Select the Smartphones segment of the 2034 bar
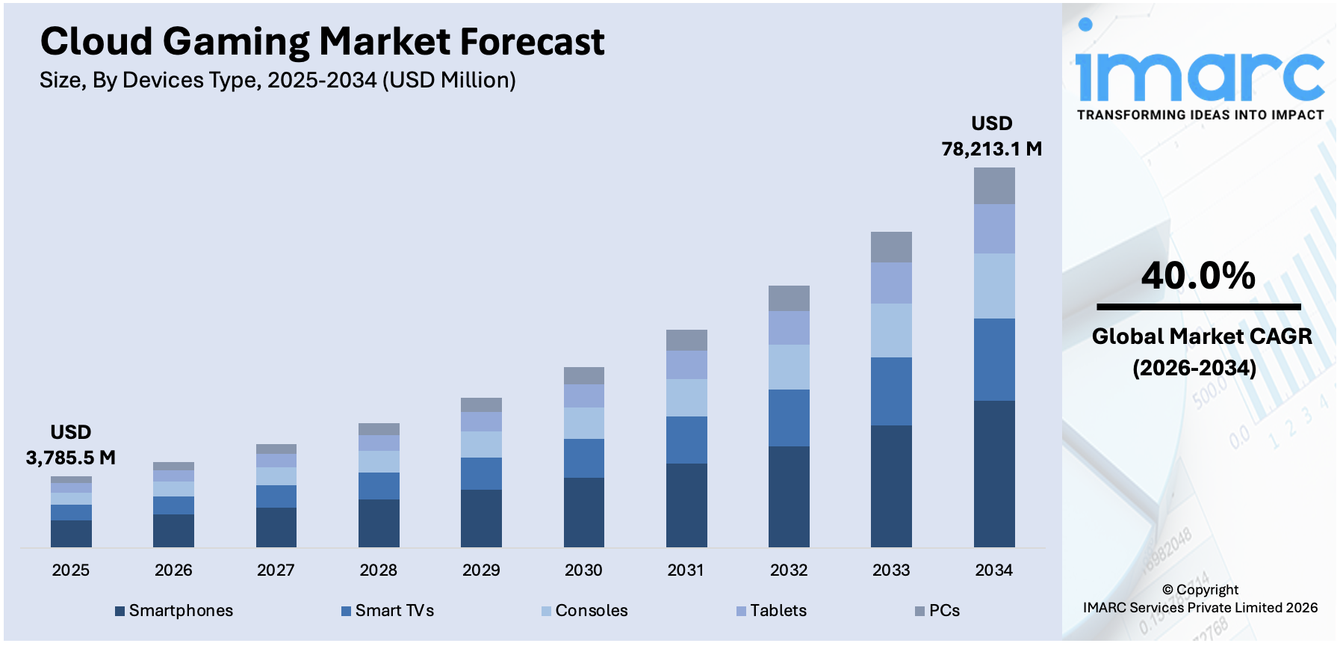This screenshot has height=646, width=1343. pos(993,473)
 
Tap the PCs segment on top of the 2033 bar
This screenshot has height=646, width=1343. pos(891,247)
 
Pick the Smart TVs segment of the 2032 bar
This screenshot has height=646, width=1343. pos(789,418)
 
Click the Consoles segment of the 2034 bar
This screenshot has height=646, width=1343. pos(993,286)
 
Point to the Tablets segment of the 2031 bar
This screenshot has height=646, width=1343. pos(686,365)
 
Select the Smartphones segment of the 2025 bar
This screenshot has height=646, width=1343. pos(71,533)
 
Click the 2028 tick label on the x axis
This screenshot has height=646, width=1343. pos(378,570)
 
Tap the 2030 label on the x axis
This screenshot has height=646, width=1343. pos(583,570)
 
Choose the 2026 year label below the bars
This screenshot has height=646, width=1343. pos(173,570)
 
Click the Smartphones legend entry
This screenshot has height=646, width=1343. pos(181,611)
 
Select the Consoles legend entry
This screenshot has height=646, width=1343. pos(591,611)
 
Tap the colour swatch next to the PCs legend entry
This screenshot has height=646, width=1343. pos(919,612)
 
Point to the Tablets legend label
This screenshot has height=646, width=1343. pos(778,611)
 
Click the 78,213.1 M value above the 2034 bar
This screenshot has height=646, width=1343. pos(991,149)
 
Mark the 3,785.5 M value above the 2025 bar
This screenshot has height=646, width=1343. pos(71,458)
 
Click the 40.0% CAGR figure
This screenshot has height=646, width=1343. pos(1198,276)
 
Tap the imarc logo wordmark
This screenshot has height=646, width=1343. pos(1200,75)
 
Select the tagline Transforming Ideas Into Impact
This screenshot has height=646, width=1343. pos(1200,115)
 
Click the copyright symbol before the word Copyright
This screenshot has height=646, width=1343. pos(1167,590)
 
